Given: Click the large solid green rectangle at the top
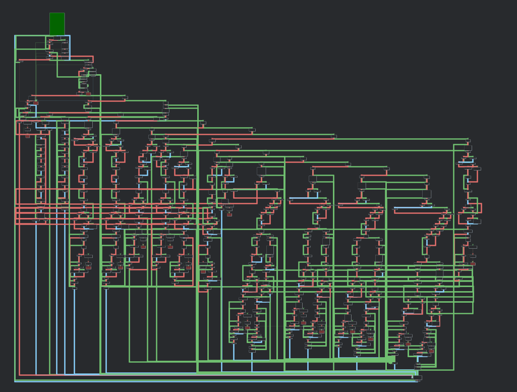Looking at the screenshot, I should click(x=57, y=24).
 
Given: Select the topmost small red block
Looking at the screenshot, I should click(x=88, y=93).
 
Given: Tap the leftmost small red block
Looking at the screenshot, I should click(x=27, y=136).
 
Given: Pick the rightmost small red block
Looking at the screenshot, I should click(x=473, y=263).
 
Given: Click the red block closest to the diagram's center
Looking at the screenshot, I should click(x=229, y=214).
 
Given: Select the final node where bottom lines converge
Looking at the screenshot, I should click(x=417, y=377).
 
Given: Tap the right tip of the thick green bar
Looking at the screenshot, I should click(x=394, y=359).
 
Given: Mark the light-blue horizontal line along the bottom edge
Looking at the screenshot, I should click(x=202, y=381).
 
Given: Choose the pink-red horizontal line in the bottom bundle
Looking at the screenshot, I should click(x=202, y=376).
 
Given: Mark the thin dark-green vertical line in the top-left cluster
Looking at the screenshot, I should click(x=36, y=76).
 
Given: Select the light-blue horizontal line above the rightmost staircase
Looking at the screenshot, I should click(x=419, y=207).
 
